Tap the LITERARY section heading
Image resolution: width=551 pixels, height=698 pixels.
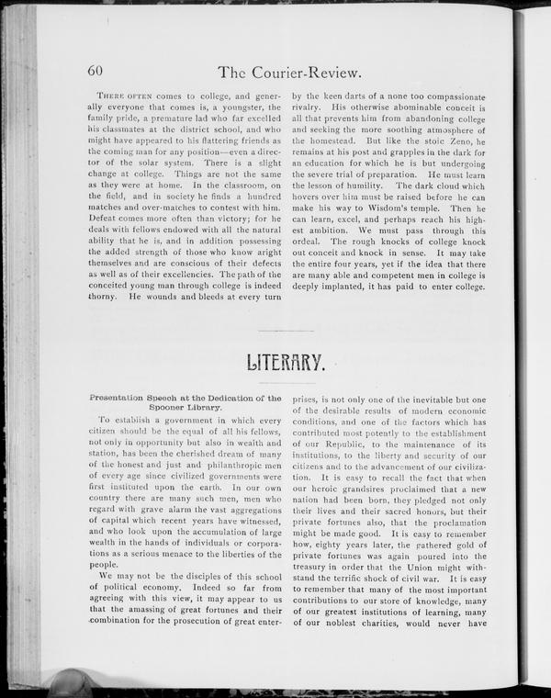(x=285, y=365)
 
